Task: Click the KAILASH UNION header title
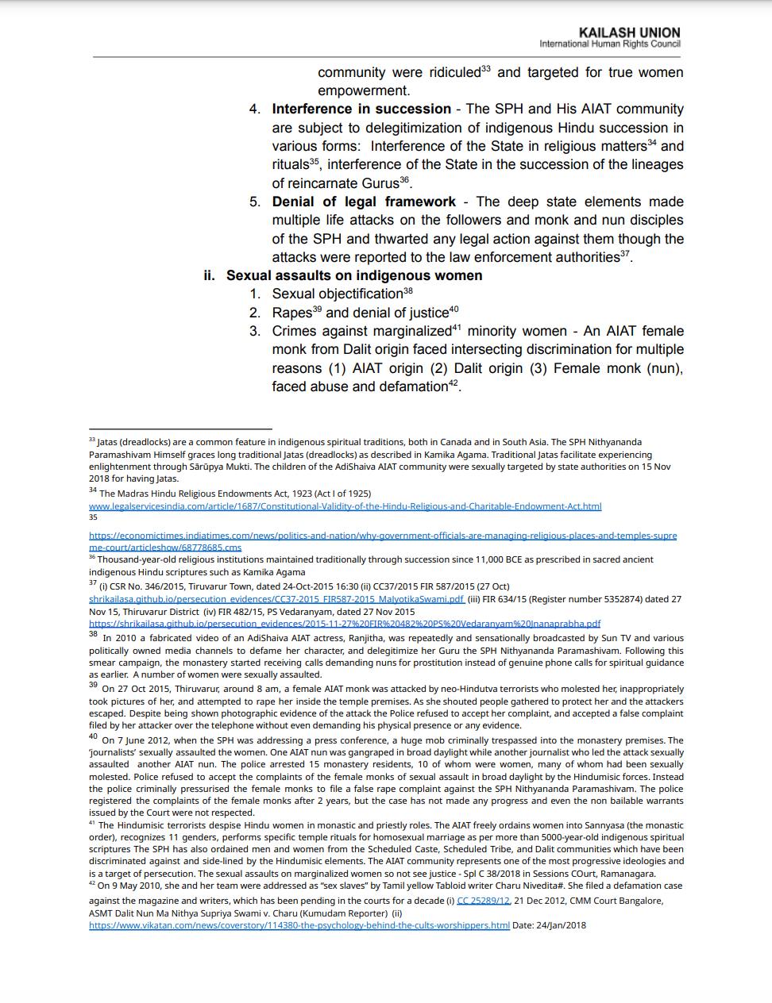[629, 33]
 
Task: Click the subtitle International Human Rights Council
[609, 44]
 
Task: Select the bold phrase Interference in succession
[361, 109]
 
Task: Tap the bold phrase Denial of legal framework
[364, 202]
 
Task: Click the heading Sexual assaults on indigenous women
[354, 275]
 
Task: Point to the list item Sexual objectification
[338, 294]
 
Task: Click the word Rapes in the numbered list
[291, 313]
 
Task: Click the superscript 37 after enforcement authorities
[625, 254]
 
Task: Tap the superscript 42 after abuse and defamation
[454, 383]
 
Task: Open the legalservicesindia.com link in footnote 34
[345, 506]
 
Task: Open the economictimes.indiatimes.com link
[382, 536]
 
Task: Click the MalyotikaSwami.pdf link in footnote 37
[276, 599]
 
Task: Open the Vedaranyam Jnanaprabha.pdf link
[345, 624]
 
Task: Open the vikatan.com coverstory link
[299, 925]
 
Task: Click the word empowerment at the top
[363, 90]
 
